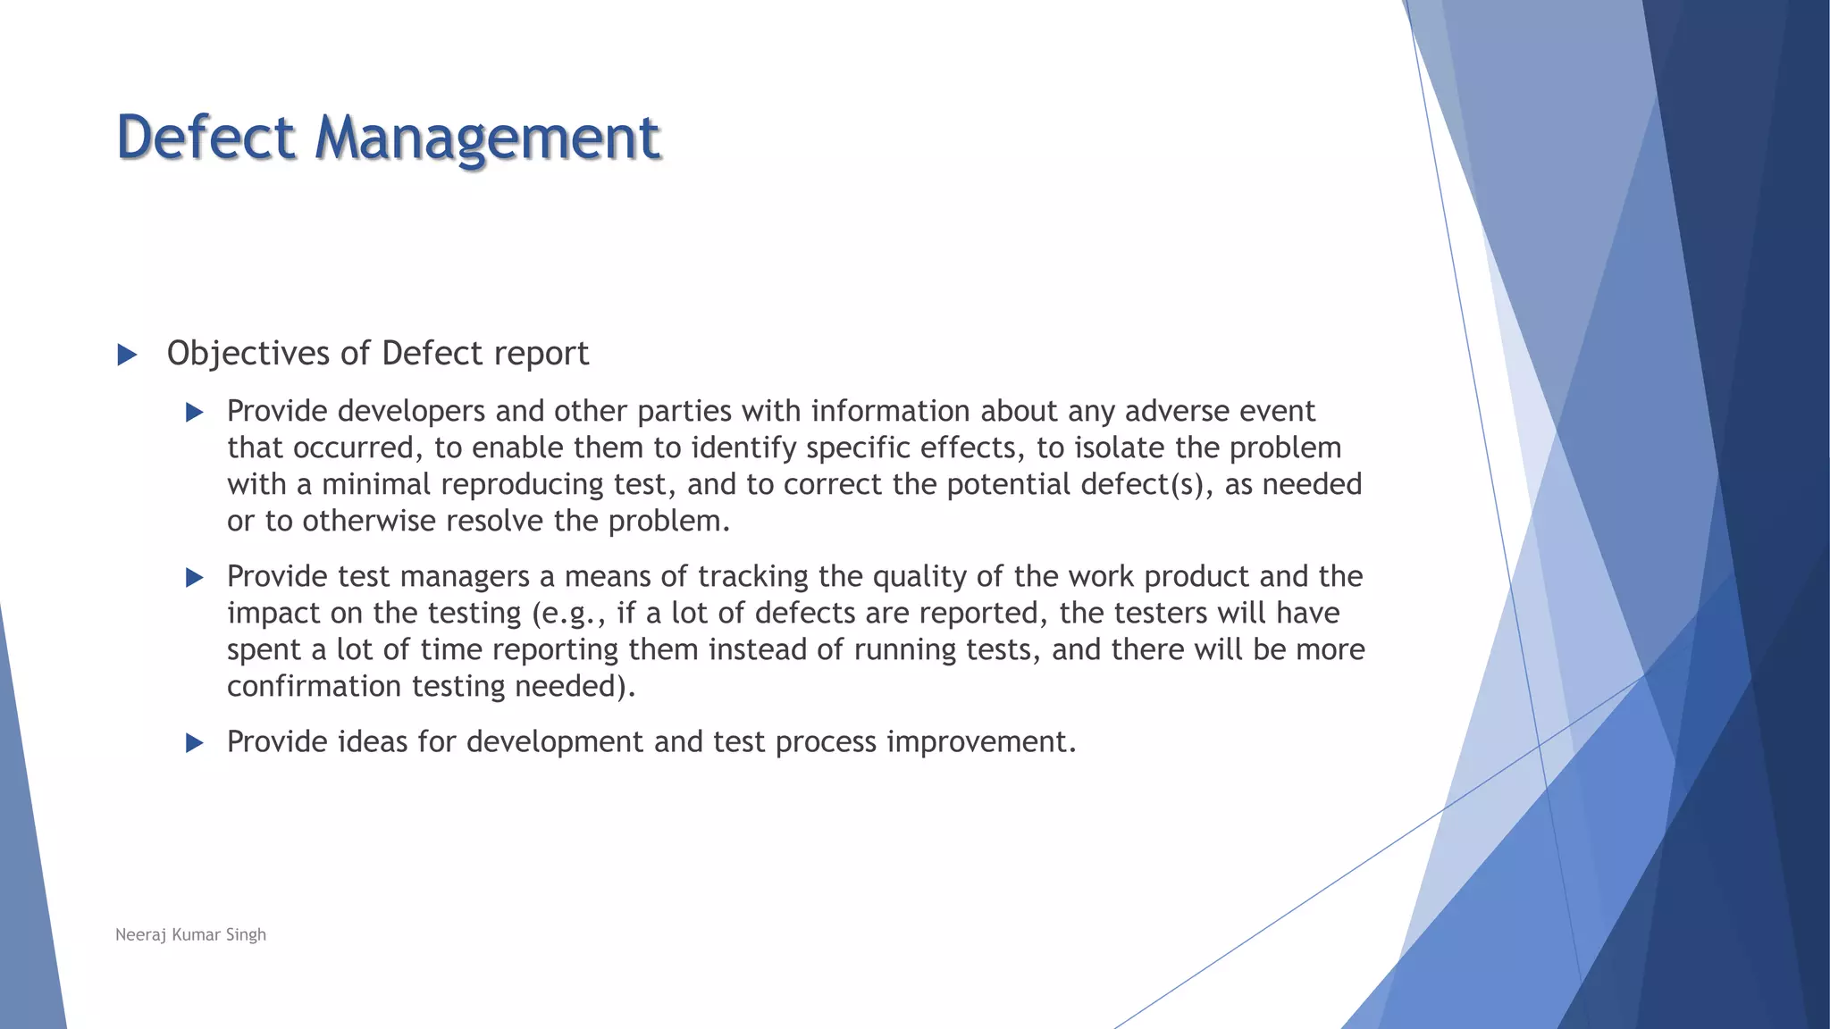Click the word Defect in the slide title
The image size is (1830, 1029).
206,138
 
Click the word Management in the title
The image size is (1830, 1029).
487,139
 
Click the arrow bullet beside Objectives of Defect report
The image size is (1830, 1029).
127,356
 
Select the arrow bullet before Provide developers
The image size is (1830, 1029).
194,413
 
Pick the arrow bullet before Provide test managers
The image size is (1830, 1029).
194,578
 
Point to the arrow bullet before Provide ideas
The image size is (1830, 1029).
194,743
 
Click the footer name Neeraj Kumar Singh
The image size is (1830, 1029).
190,934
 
